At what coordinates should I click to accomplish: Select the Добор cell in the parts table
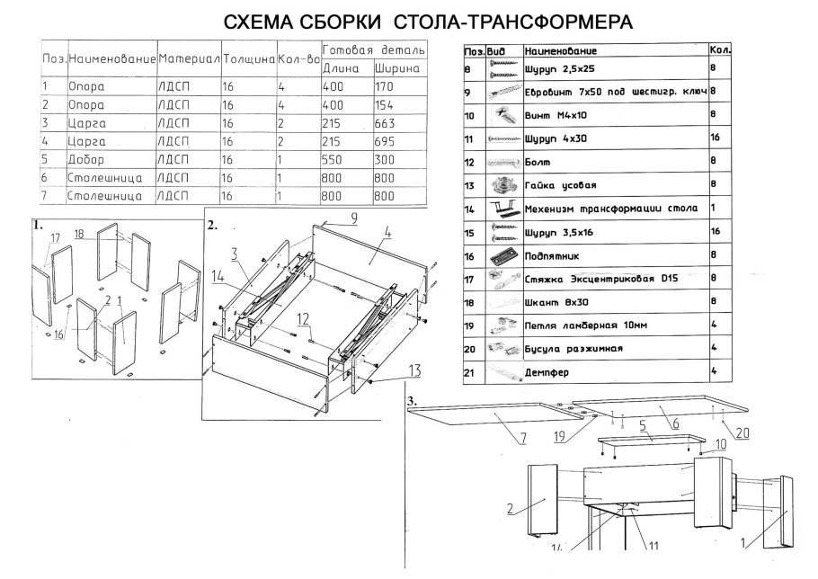pos(87,159)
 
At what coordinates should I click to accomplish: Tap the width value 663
pos(387,123)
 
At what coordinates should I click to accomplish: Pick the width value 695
pos(387,141)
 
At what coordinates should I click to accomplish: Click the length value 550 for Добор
pos(334,159)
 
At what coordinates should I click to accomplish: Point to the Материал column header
pos(188,58)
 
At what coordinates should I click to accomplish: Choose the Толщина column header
pos(247,58)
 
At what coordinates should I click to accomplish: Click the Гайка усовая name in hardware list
pos(560,185)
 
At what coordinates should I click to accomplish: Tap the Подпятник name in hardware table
pos(553,255)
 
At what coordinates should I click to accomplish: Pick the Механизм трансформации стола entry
pos(610,209)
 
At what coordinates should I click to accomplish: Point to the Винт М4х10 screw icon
pos(502,115)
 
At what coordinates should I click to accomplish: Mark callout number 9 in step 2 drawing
pos(354,217)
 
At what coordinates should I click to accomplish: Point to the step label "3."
pos(412,399)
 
